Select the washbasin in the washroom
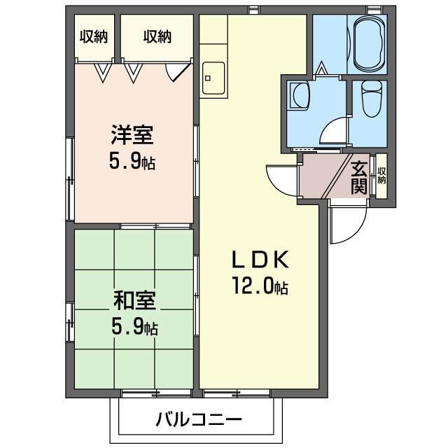299,94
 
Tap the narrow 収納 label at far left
94,37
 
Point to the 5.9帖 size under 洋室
132,162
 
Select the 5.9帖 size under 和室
133,326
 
